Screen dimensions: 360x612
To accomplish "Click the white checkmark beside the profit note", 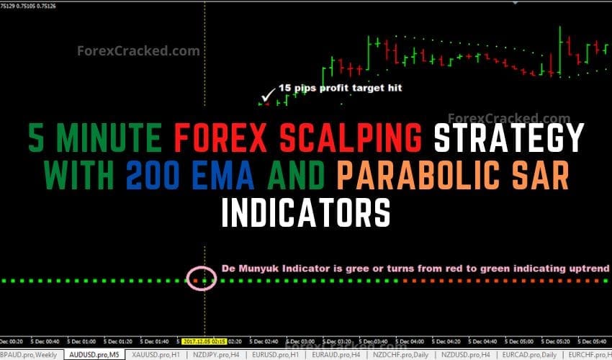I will pos(269,93).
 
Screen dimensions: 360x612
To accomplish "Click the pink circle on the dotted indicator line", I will pos(202,279).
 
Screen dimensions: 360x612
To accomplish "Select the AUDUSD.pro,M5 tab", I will pos(94,355).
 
